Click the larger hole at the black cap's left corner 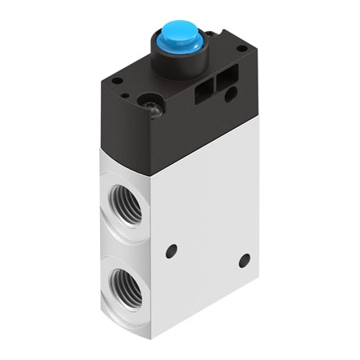(117, 80)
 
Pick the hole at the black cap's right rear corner (241, 49)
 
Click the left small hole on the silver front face (170, 251)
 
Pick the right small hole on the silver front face (244, 260)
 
